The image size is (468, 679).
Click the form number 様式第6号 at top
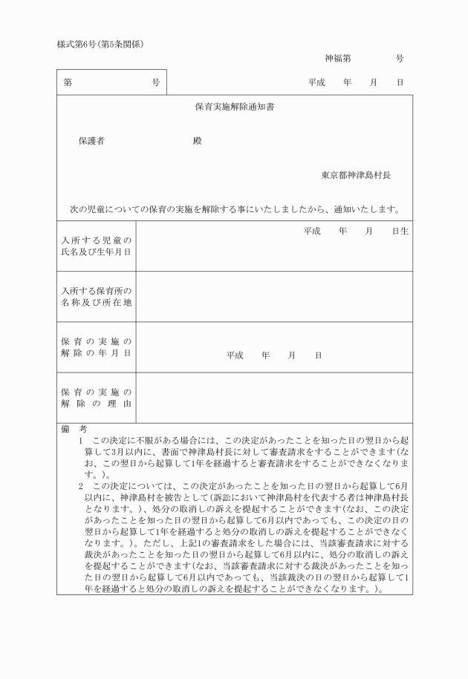coord(79,44)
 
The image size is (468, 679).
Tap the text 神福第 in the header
coord(339,58)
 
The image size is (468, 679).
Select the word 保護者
coord(91,141)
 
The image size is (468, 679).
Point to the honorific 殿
coord(197,141)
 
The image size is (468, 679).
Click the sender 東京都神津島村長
coord(356,176)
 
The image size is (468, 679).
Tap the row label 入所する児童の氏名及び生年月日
coord(96,246)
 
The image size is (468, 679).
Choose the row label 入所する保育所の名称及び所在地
coord(96,296)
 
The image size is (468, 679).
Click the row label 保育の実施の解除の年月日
coord(96,347)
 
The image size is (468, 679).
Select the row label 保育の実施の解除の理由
coord(96,397)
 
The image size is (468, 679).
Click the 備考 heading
coord(74,429)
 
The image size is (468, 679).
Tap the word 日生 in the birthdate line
coord(400,231)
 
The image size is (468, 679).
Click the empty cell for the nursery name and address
coord(274,297)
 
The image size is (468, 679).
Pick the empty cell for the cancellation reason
coord(274,398)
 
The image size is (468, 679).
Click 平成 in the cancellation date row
coord(235,355)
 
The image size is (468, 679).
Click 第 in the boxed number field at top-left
coord(68,82)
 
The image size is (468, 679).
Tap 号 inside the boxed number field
coord(155,82)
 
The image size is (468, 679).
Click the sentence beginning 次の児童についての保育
coord(235,209)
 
